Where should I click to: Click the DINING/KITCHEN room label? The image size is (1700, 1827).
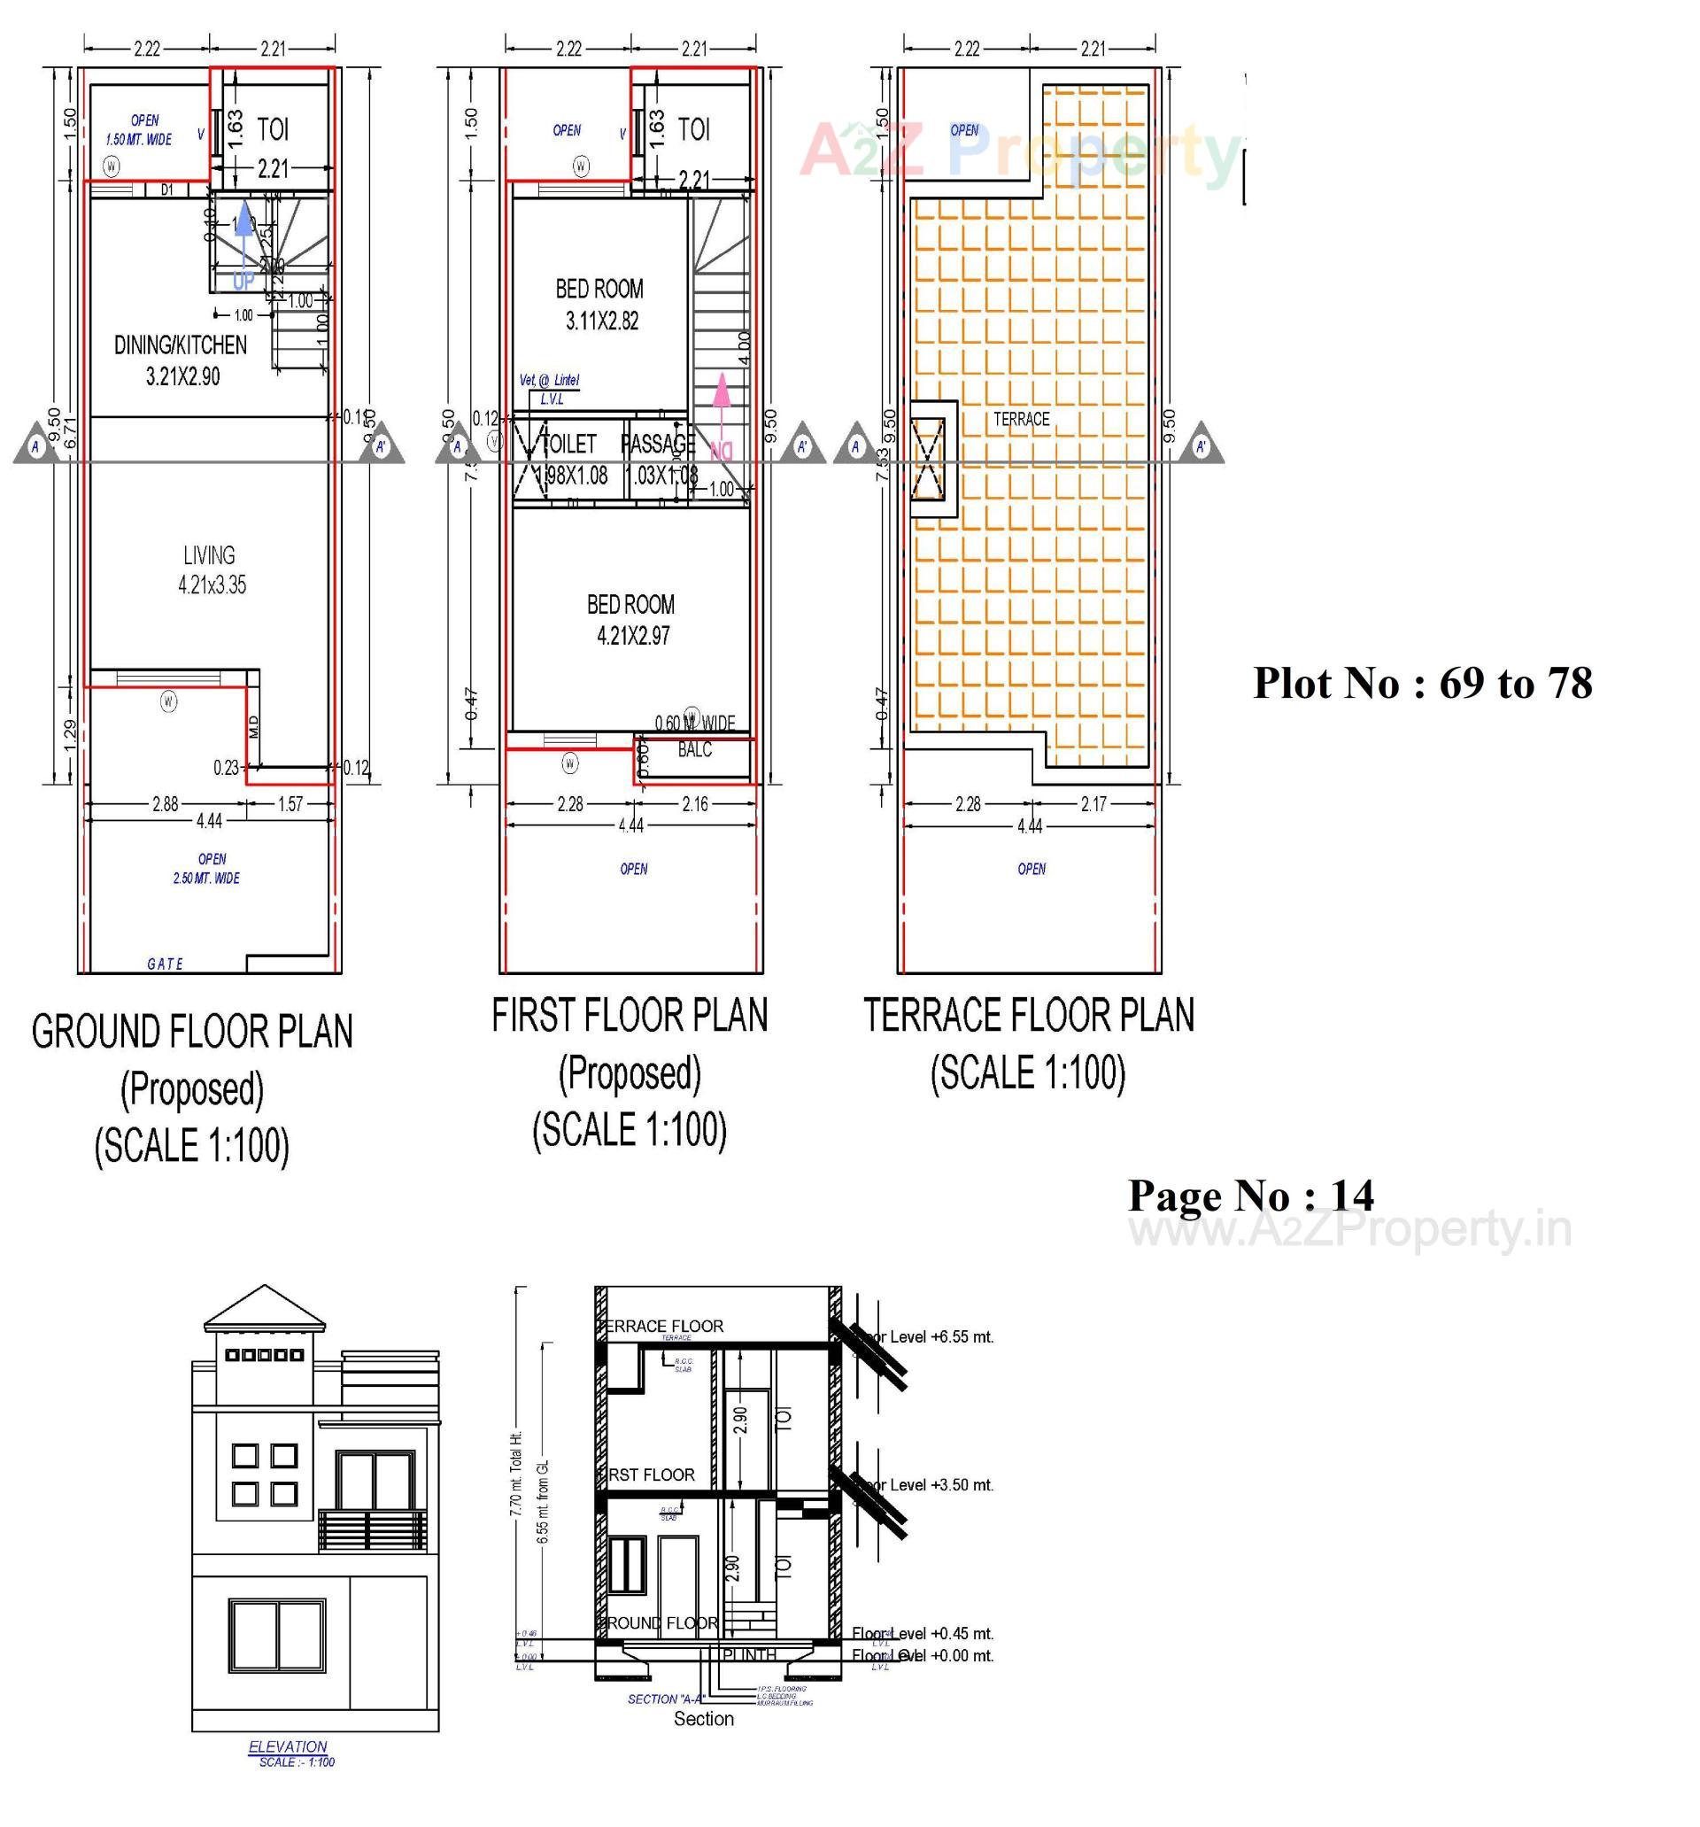180,344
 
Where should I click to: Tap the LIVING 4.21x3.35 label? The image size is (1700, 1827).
211,569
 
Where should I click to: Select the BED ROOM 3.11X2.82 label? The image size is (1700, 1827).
599,304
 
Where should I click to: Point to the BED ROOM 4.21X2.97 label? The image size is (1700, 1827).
630,619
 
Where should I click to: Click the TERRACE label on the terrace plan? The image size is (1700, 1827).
1021,419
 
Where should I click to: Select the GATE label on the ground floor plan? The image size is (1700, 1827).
166,964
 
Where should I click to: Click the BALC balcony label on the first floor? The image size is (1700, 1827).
694,750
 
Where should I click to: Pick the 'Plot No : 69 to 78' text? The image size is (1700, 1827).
1422,684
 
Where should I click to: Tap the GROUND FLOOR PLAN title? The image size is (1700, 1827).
192,1031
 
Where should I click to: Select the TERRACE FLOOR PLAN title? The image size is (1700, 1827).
1028,1016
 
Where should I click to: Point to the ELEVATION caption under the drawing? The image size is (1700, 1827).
288,1746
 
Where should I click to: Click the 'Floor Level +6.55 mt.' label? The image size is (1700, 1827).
923,1337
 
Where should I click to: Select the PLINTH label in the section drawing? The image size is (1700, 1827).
749,1655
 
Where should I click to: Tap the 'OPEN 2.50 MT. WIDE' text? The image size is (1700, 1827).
208,869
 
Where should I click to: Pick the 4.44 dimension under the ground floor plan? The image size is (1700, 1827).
209,820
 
